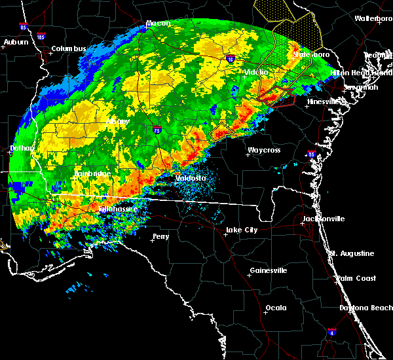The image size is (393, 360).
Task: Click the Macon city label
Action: (158, 24)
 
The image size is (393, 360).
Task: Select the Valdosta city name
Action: (191, 178)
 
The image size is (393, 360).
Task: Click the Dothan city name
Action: (21, 149)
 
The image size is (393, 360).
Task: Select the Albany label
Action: (117, 122)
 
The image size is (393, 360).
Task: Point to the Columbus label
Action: (69, 48)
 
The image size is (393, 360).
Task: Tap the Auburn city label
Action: (16, 42)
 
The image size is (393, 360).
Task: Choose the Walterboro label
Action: (373, 18)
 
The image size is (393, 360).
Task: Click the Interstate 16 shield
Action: (231, 59)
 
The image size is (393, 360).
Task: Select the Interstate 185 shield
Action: (41, 37)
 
